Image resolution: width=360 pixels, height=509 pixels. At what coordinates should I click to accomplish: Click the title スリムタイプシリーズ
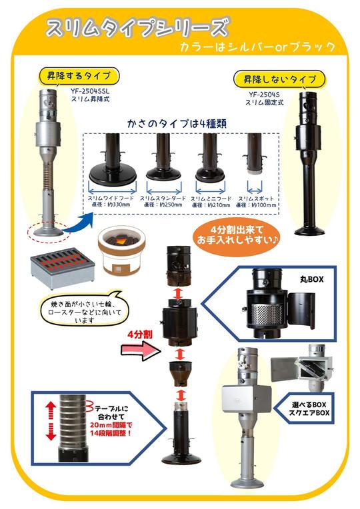(137, 28)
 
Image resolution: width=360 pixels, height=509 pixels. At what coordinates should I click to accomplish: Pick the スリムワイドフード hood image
(111, 163)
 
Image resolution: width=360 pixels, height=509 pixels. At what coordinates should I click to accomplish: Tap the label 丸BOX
(311, 278)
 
